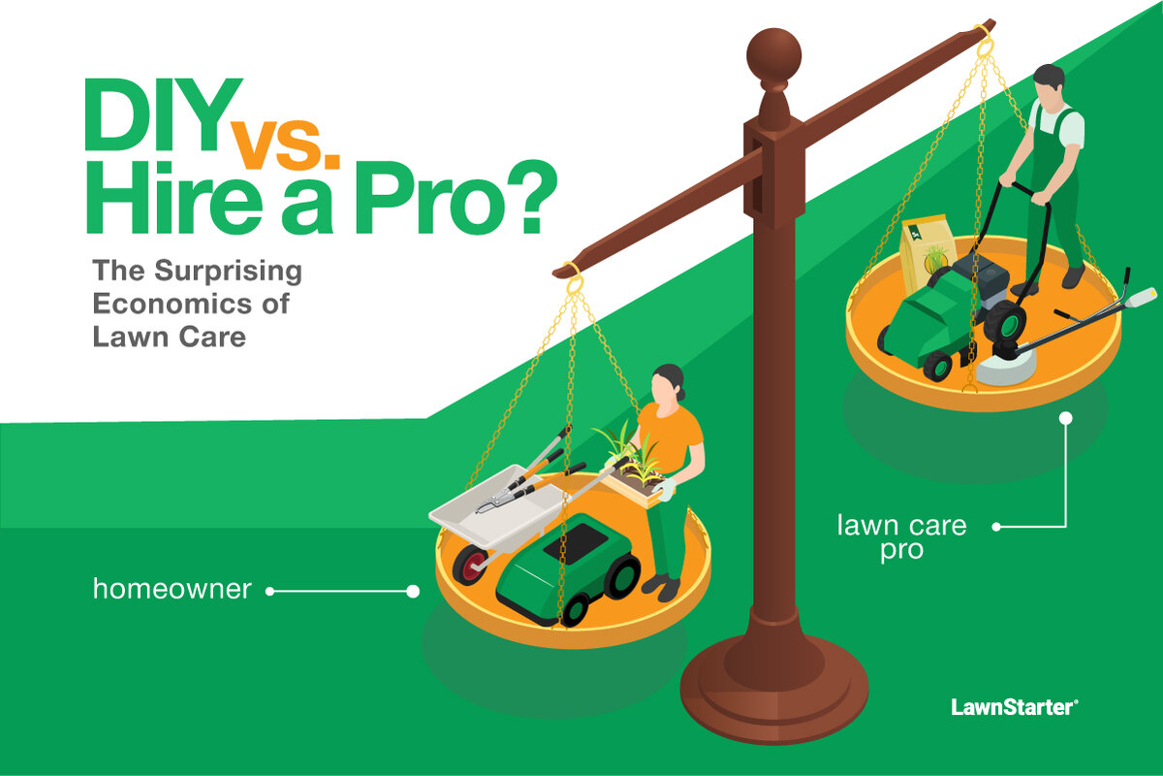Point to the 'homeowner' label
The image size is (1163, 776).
click(x=173, y=588)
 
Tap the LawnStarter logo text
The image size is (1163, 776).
click(x=1014, y=707)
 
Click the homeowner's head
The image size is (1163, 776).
click(x=670, y=384)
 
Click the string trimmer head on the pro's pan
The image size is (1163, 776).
click(x=1004, y=367)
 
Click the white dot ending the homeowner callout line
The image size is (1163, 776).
click(x=414, y=590)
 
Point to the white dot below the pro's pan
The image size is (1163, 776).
click(x=1066, y=419)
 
